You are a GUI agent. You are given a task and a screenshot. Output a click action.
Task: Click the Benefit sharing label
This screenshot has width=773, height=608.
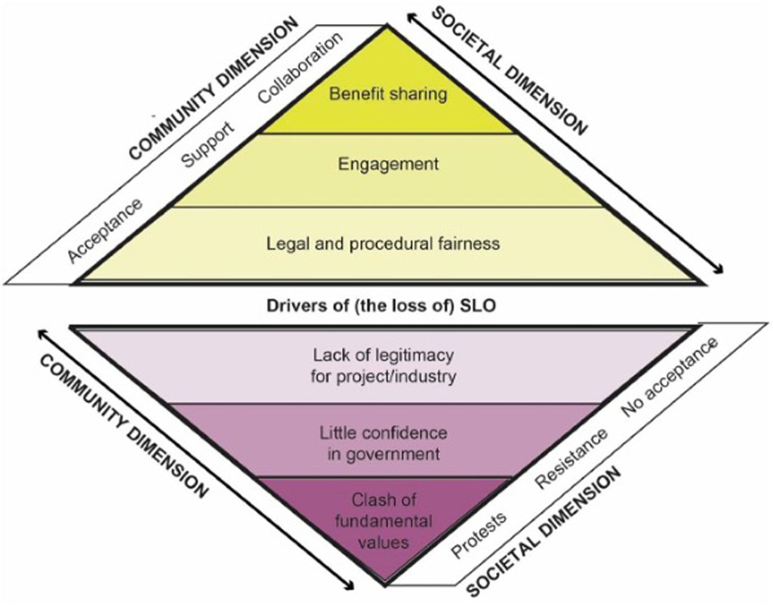coord(388,94)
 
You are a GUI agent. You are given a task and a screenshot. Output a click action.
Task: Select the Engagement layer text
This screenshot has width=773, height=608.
coord(388,164)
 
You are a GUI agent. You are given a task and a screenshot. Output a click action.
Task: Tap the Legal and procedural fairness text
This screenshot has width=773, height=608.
coord(383,244)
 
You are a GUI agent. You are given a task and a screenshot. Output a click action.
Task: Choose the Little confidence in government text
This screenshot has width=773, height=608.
coord(383,443)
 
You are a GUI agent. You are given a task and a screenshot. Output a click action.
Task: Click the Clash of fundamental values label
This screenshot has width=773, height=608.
coord(383,521)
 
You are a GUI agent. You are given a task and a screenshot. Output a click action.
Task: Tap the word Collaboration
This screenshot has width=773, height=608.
coord(300,69)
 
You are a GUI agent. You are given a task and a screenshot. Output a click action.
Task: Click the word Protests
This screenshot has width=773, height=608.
coord(479,534)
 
